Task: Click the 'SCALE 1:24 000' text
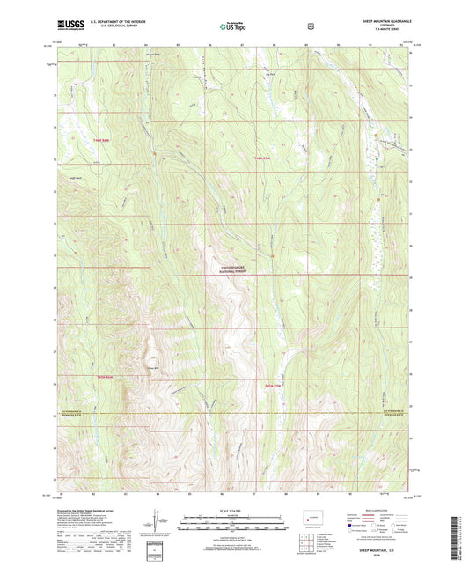tap(233, 511)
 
